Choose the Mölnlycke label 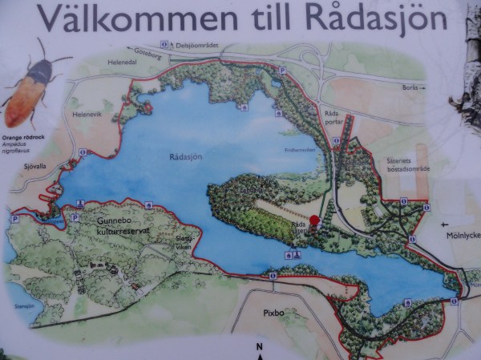(460, 236)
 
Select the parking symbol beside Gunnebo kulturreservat (75, 216)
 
